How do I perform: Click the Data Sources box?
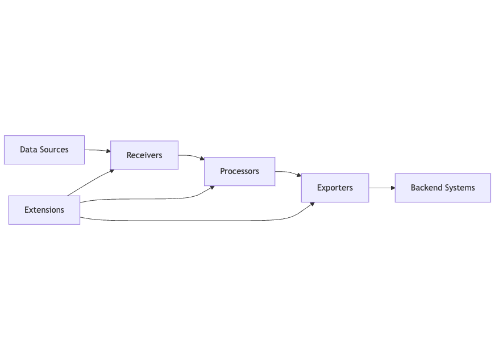44,150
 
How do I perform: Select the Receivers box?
144,155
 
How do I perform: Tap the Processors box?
240,172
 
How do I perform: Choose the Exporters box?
335,188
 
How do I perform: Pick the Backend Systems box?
443,188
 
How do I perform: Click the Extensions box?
44,210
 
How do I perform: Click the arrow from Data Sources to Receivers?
98,150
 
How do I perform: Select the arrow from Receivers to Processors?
192,156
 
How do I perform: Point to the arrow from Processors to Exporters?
288,172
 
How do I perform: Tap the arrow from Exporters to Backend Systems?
382,188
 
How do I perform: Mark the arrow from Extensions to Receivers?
90,182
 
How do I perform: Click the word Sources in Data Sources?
55,150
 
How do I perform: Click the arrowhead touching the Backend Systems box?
393,188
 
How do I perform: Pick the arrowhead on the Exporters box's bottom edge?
312,204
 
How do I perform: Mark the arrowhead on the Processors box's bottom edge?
212,188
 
